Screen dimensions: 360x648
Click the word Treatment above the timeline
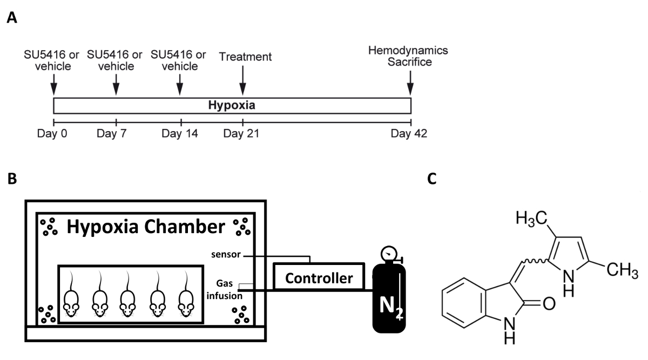point(245,57)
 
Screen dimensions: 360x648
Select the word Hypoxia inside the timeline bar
point(232,106)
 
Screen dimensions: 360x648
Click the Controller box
point(319,278)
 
